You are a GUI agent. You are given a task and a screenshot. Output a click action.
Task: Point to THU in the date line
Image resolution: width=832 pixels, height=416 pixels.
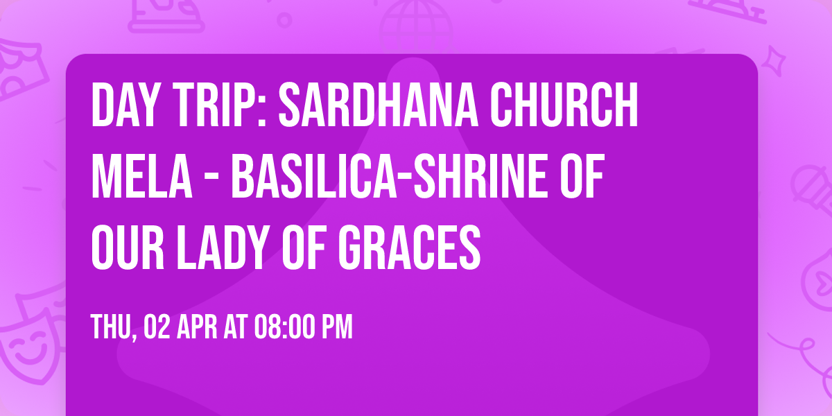112,327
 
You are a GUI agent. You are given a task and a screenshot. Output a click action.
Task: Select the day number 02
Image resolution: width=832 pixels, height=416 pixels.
157,327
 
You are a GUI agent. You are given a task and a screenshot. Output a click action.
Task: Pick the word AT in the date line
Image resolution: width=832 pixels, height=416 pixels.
234,327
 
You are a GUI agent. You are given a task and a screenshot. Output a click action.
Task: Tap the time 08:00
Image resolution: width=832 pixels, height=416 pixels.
283,327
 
